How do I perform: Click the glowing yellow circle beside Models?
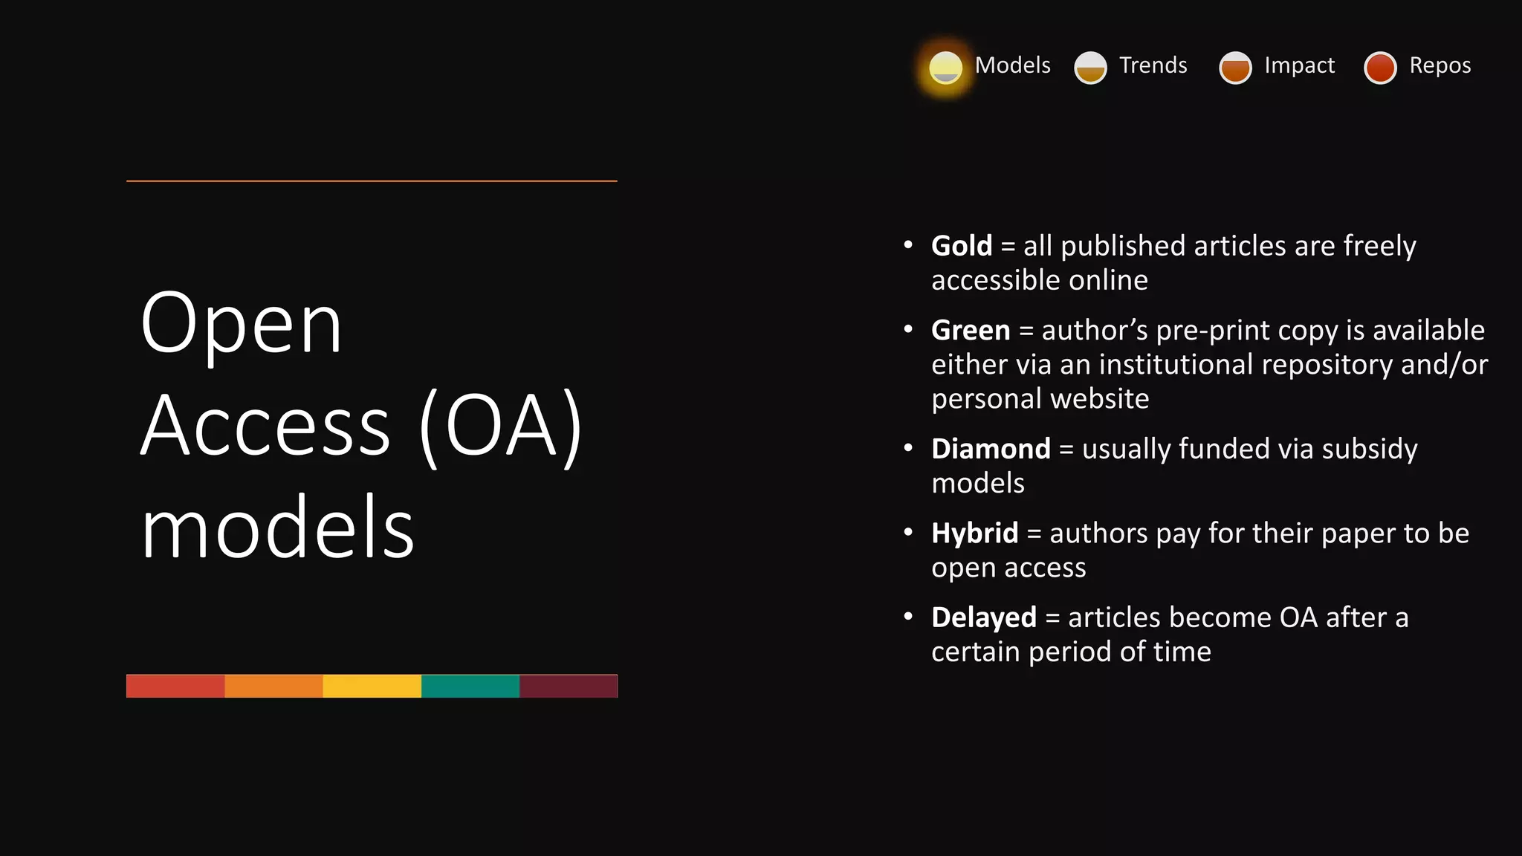(945, 68)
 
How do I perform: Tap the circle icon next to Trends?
(1090, 68)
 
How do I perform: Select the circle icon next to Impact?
(1235, 68)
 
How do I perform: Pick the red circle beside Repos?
(1380, 68)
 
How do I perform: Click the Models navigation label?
(1012, 65)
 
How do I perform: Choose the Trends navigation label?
(1153, 65)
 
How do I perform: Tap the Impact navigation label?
(1299, 65)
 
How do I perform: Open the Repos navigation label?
(1440, 65)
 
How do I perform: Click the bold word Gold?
(962, 246)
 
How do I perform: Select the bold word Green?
(971, 331)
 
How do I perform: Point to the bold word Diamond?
(991, 449)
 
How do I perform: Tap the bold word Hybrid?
(974, 534)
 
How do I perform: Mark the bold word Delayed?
(983, 617)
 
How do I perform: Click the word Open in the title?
(241, 324)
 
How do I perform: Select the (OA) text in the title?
(501, 427)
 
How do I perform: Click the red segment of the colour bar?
(175, 686)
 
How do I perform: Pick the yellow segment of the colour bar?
(372, 686)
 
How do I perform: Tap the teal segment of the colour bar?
(470, 686)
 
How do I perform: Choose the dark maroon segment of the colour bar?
(569, 686)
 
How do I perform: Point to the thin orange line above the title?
(372, 181)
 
